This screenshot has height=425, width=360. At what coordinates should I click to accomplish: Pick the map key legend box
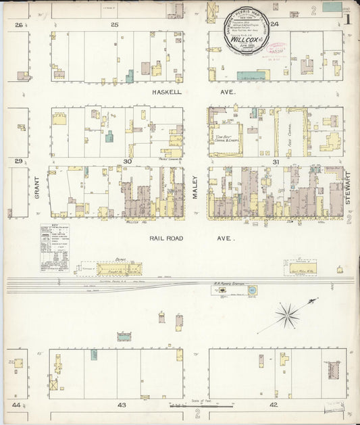(x=54, y=248)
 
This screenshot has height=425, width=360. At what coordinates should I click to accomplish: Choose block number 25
(x=114, y=24)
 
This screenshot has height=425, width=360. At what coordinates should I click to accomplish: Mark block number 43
(x=122, y=404)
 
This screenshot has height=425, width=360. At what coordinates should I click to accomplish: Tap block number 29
(x=19, y=161)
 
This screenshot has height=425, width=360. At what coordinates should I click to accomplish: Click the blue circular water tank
(x=251, y=291)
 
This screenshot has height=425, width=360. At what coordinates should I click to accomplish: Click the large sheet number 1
(x=348, y=19)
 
